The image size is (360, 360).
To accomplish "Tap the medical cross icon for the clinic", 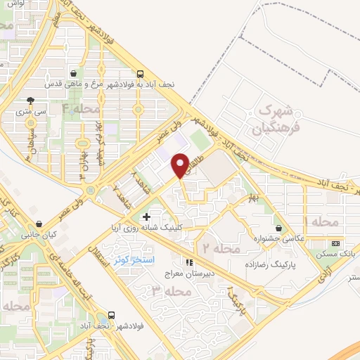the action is coord(146,217).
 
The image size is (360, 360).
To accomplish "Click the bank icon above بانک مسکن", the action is coord(335,243).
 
